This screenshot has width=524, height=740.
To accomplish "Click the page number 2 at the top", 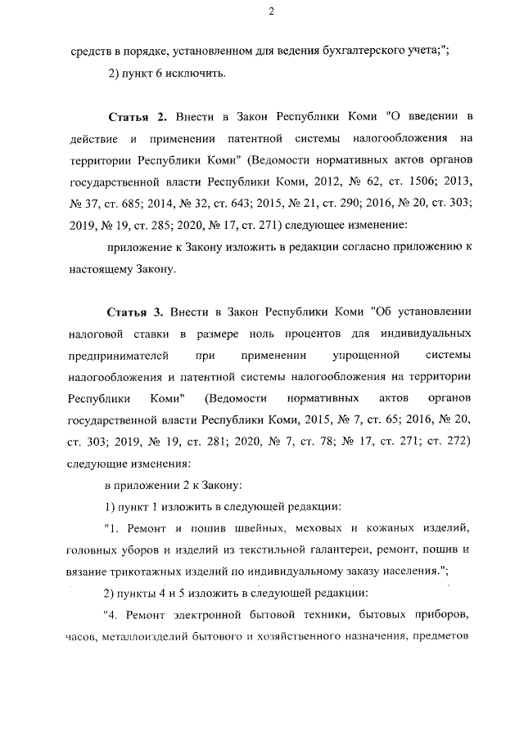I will (269, 11).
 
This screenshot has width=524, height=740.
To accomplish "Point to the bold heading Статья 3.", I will (138, 313).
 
